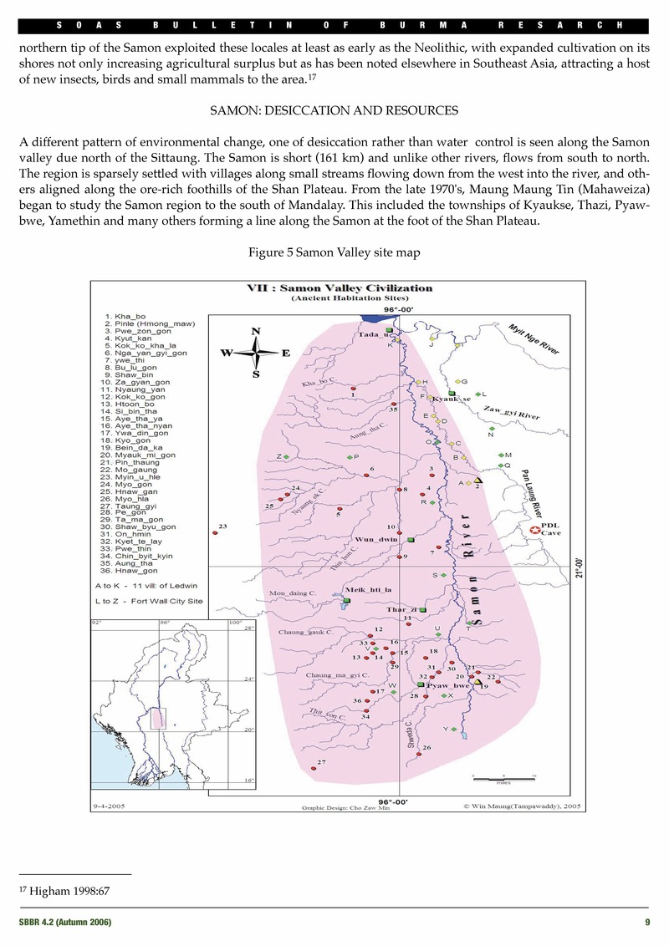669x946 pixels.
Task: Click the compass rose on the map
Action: (254, 352)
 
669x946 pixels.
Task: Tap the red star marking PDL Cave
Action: (533, 529)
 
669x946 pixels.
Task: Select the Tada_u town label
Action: (374, 335)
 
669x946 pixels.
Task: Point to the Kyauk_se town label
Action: (452, 399)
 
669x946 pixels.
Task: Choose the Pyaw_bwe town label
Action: (451, 685)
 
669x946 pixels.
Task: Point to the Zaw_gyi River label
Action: (512, 411)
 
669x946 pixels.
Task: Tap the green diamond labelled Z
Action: (286, 457)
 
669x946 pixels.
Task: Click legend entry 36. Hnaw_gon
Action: (127, 571)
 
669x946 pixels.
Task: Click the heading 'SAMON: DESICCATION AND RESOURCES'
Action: (334, 109)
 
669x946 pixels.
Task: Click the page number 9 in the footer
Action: (647, 922)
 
